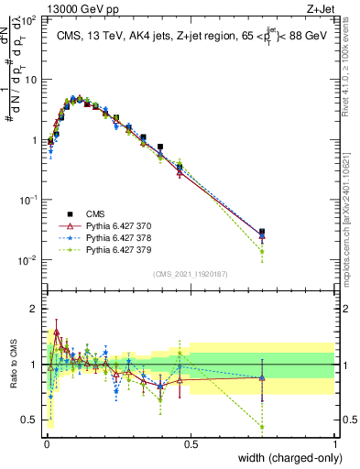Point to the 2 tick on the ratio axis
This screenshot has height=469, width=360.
(34, 308)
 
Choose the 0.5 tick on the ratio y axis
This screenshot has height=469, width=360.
(30, 420)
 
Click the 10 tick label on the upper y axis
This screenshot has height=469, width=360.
(29, 79)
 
